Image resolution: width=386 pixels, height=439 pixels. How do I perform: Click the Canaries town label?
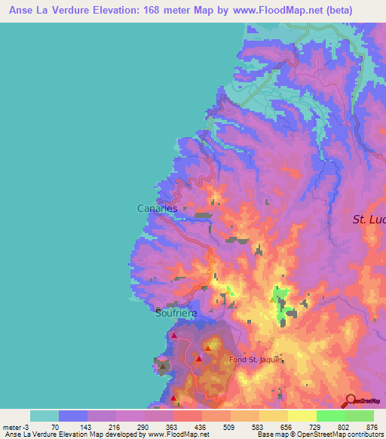point(157,208)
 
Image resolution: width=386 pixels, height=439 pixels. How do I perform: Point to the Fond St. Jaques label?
point(256,360)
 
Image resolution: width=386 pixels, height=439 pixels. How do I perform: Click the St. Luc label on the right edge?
point(369,219)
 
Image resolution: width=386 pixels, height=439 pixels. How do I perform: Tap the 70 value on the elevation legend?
point(55,427)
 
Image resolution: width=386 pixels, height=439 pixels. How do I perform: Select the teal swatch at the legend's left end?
point(44,416)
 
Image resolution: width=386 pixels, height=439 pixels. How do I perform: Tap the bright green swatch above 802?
point(331,416)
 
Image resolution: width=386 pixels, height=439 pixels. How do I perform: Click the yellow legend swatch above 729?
point(302,416)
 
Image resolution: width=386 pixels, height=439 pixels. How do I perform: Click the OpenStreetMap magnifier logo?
point(349,401)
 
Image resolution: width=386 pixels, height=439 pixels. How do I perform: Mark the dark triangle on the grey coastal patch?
point(162,367)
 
